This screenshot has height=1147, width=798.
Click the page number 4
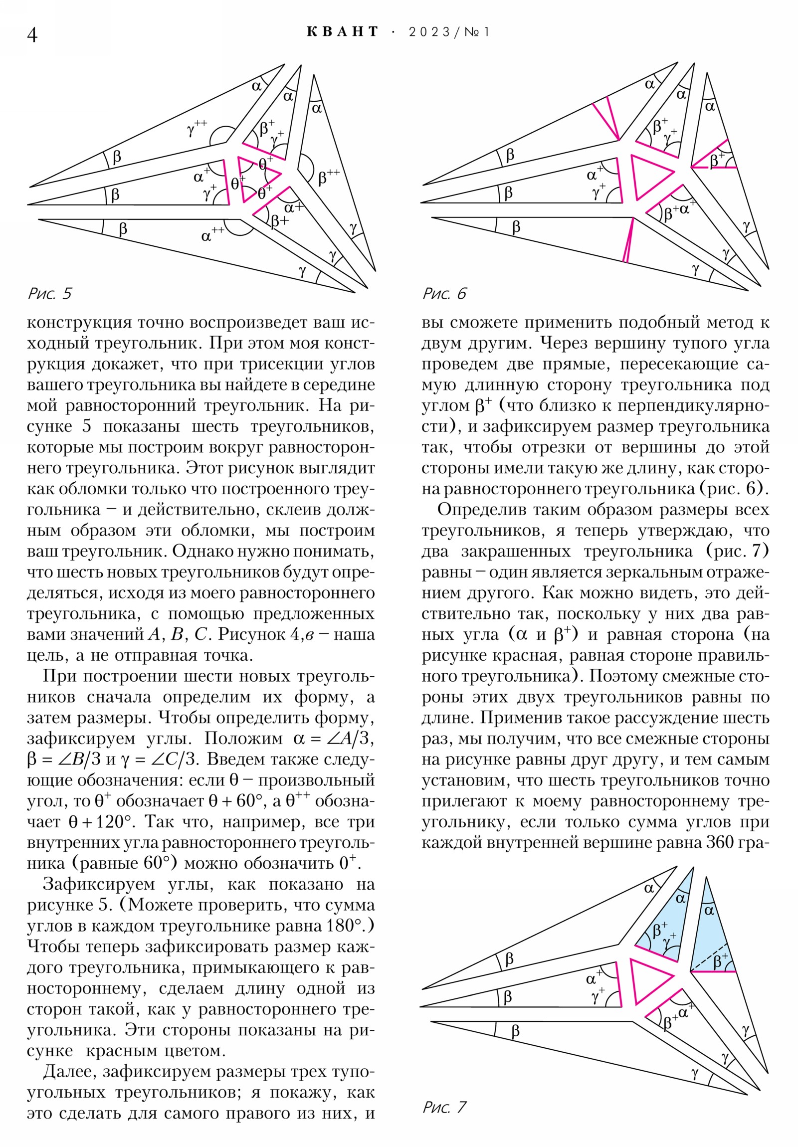[32, 35]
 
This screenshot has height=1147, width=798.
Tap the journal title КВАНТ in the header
[342, 32]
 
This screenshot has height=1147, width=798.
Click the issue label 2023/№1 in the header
[449, 32]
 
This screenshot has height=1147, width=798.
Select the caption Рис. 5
[49, 293]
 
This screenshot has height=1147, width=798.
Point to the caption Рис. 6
[444, 293]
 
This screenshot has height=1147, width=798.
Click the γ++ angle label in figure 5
[197, 129]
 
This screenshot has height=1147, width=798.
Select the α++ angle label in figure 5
[212, 234]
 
